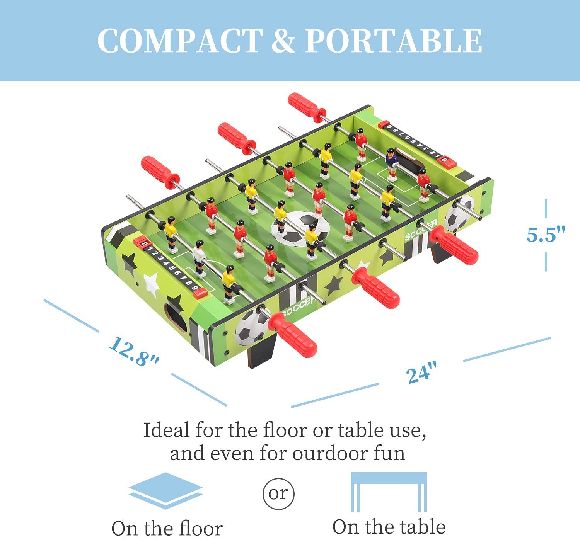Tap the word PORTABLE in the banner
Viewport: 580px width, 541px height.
tap(393, 41)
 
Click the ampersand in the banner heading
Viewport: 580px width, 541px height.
tap(283, 41)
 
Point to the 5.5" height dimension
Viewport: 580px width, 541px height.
tap(546, 234)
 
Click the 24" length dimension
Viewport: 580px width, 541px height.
tap(421, 373)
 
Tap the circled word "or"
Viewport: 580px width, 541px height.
tap(278, 493)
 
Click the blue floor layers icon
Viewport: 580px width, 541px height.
tap(166, 490)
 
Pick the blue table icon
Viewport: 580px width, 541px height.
tap(389, 492)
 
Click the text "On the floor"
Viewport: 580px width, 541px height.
tap(167, 528)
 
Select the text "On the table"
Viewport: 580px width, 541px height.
tap(389, 526)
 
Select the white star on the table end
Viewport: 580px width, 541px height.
tap(152, 284)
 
